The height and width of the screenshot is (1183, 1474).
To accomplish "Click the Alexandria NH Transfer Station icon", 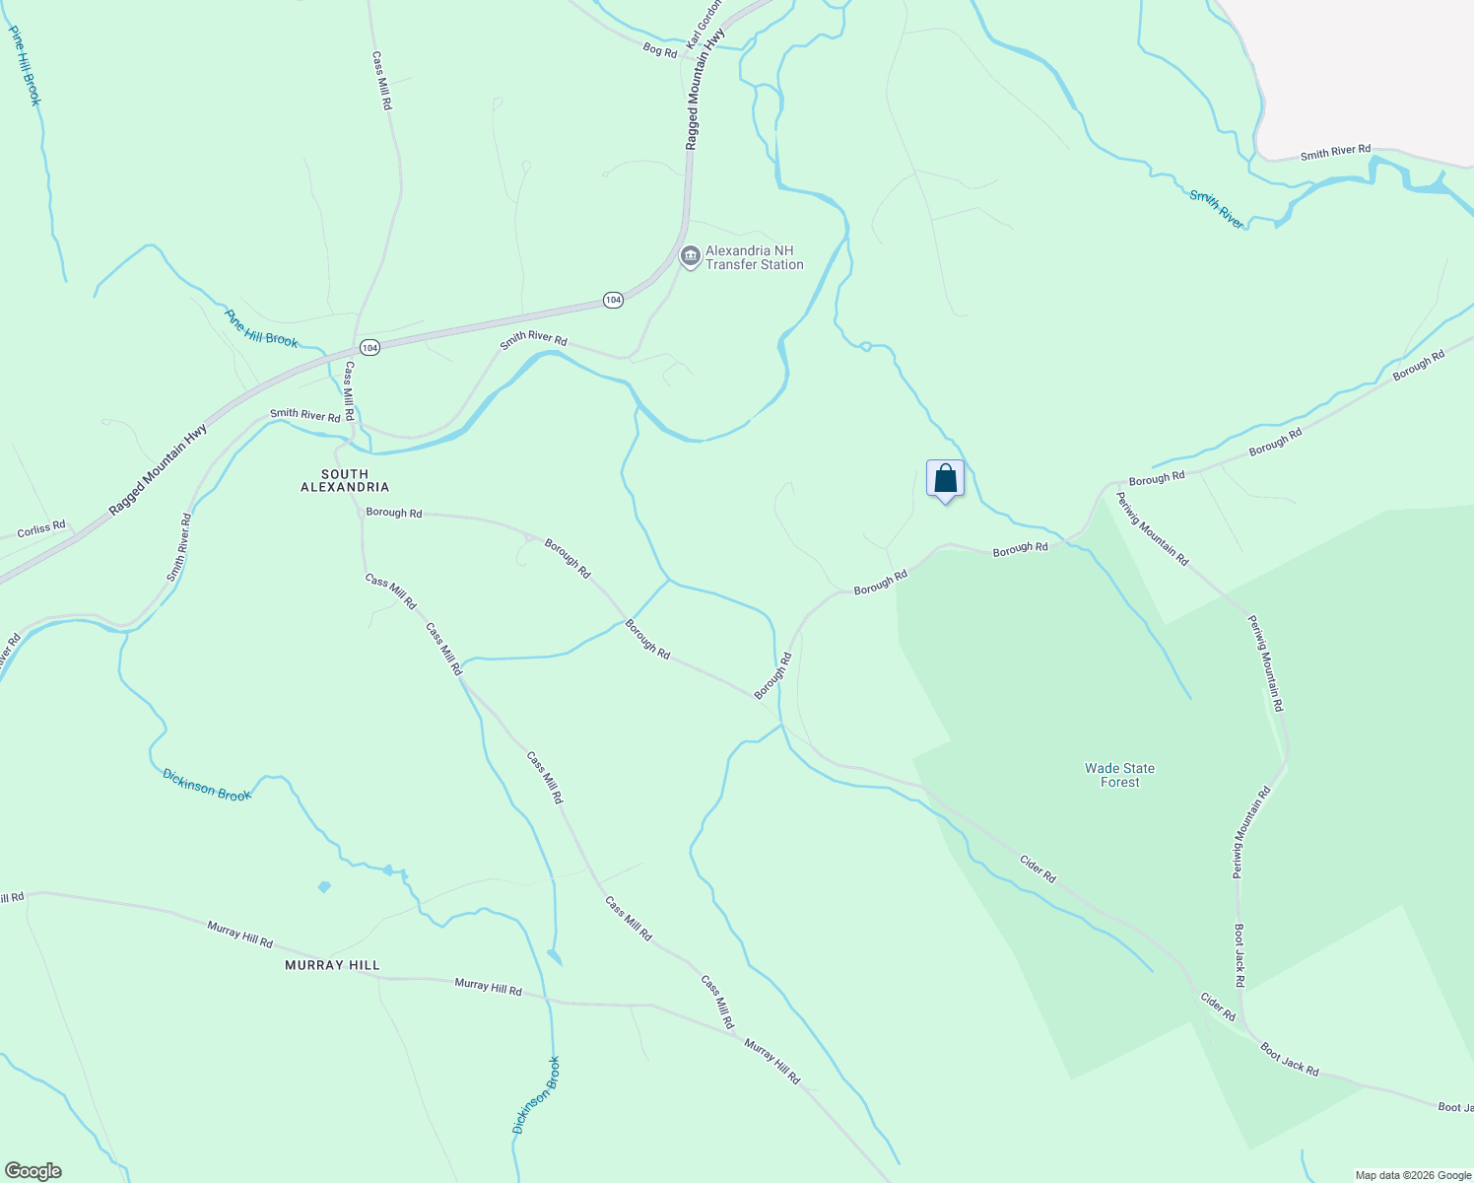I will (690, 257).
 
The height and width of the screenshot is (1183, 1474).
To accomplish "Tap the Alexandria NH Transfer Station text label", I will (755, 257).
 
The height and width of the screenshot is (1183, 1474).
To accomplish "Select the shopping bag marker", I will (945, 480).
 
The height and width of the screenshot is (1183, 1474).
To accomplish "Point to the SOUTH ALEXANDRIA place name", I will (345, 480).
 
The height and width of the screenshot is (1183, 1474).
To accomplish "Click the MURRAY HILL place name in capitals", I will (332, 965).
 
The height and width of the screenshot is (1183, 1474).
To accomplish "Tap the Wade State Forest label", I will (1119, 775).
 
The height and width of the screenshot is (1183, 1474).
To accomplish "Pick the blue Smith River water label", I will (1217, 210).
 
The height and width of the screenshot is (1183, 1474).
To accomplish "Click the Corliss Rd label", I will (41, 529).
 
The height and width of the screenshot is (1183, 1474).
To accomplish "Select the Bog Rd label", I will (659, 49).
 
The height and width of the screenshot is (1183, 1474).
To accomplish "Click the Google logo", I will (33, 1171).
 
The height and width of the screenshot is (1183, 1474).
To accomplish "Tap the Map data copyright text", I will (1412, 1175).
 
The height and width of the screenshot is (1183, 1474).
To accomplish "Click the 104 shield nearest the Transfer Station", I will (613, 300).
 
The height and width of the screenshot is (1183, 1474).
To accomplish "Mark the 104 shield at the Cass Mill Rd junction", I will (369, 348).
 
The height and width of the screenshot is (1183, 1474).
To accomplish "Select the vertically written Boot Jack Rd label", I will (1239, 955).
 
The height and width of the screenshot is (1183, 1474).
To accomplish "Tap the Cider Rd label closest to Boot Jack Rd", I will (1218, 1007).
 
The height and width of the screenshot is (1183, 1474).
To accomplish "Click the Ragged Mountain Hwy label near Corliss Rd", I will (159, 469).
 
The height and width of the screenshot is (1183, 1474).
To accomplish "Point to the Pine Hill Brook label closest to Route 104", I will (261, 328).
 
